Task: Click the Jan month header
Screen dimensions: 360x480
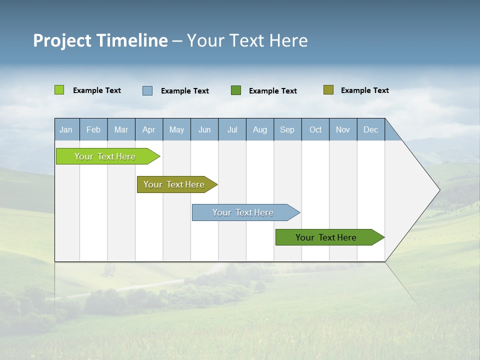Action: [66, 129]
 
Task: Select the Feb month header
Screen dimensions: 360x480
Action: [93, 129]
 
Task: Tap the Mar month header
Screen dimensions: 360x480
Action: [121, 129]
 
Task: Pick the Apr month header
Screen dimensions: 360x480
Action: [149, 129]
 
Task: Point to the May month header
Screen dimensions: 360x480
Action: [176, 129]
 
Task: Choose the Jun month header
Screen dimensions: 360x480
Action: [204, 129]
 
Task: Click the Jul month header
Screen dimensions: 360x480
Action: [232, 129]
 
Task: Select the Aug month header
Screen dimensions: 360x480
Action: [260, 129]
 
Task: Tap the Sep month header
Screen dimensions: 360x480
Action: [287, 129]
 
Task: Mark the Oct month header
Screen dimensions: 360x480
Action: [315, 129]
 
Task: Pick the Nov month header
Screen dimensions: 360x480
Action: [343, 129]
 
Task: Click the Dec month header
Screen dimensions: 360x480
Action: [371, 129]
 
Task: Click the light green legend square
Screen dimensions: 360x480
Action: [59, 90]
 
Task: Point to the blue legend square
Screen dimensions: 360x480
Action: [147, 90]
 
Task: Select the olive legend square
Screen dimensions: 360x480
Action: [328, 90]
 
